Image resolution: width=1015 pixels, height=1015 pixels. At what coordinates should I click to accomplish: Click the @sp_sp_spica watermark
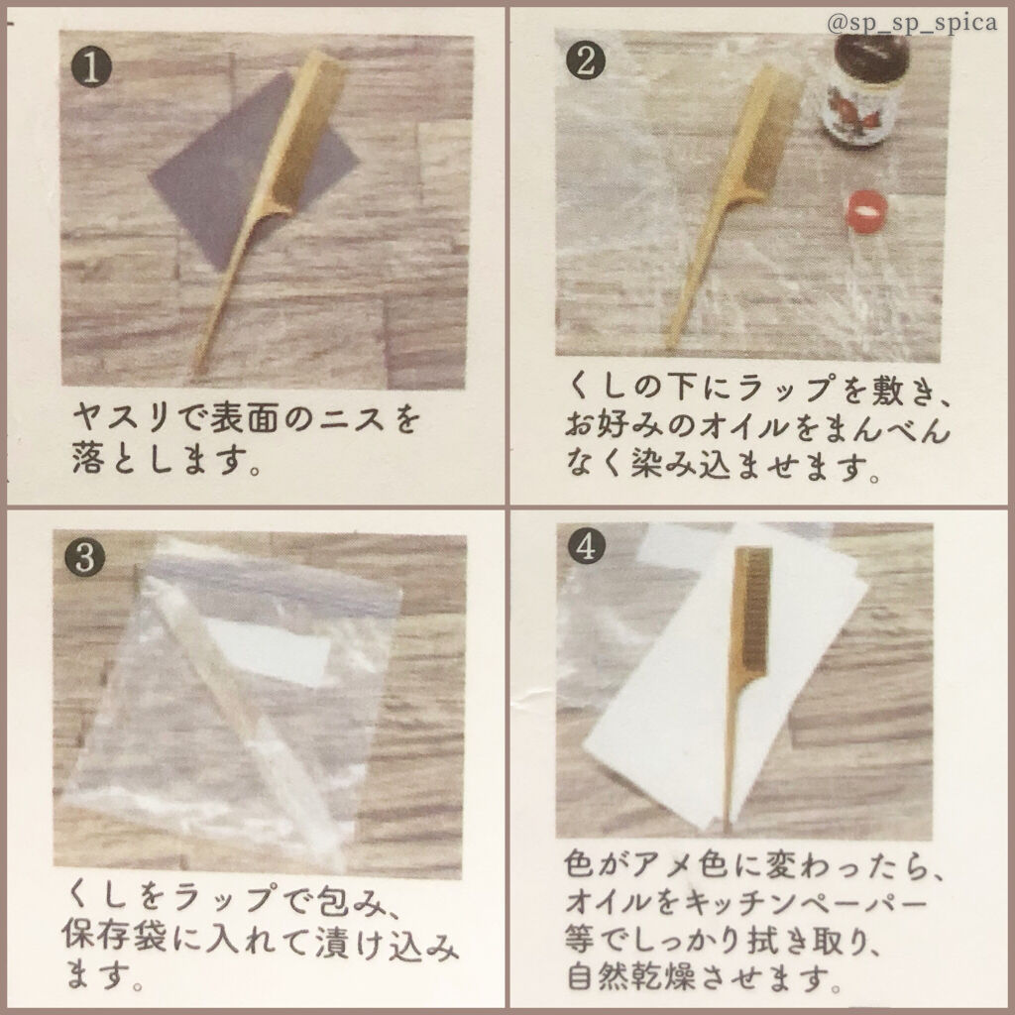click(912, 24)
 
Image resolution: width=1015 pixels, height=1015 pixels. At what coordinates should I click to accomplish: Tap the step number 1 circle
click(91, 68)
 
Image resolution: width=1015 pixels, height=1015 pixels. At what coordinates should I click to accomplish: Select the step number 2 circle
click(585, 62)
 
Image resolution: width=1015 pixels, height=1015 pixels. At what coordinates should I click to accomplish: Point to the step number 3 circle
click(85, 557)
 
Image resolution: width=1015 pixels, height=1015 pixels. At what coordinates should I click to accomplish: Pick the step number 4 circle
click(586, 546)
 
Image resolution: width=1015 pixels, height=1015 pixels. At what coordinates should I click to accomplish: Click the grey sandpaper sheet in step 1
click(254, 170)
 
